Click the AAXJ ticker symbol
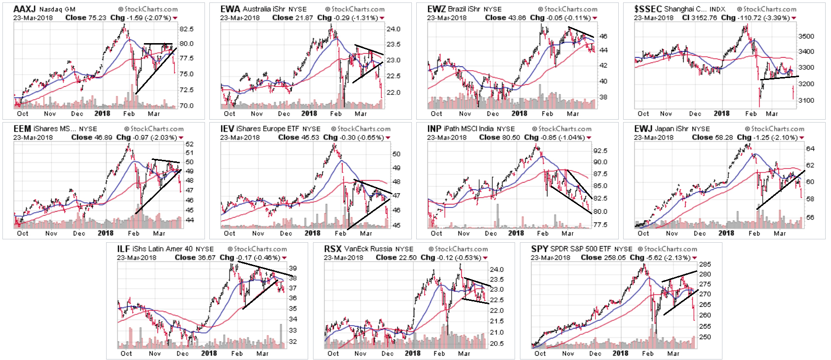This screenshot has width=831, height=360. (24, 9)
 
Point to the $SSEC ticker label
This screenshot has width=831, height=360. (648, 9)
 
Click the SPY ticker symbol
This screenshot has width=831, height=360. (539, 249)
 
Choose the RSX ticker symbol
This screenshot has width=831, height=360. (333, 249)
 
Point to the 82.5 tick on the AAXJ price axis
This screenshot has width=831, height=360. (186, 29)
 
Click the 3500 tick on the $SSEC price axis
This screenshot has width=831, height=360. (806, 36)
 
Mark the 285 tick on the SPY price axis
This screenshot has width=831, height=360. (705, 265)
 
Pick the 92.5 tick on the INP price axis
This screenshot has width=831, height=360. (600, 151)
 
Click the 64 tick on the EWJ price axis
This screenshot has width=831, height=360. (810, 149)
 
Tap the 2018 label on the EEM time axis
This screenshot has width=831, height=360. (106, 233)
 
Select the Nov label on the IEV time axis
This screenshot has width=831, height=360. (258, 233)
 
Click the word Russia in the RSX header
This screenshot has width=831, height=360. (381, 249)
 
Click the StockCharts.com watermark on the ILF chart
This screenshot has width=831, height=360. (260, 249)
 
